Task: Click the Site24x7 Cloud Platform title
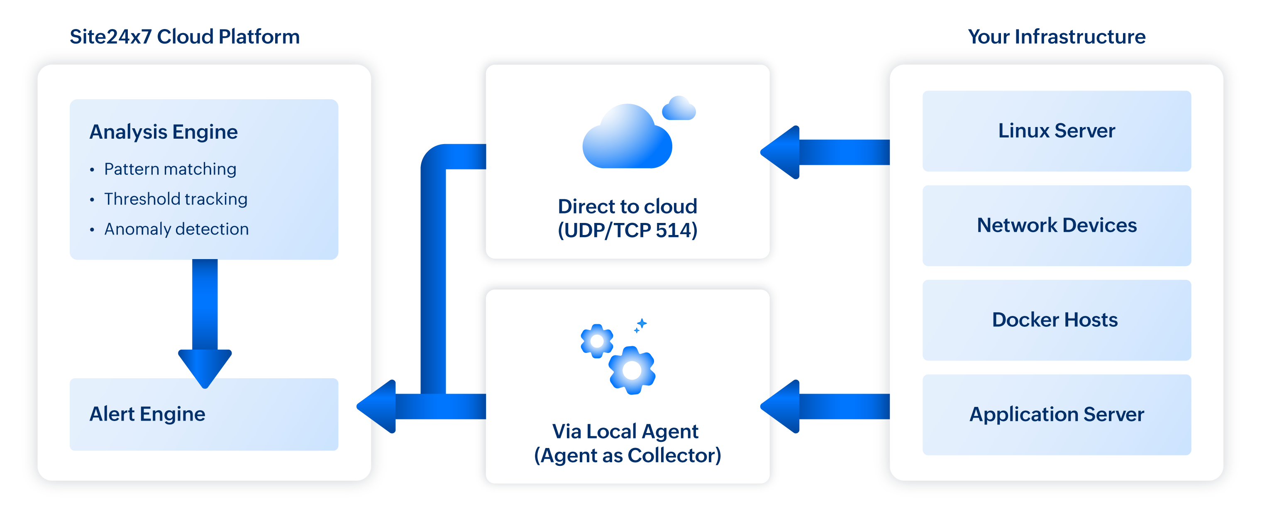click(184, 37)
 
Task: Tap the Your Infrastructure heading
click(1057, 37)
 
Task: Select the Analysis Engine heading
click(163, 132)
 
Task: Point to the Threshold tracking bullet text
click(176, 199)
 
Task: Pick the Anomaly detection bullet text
click(176, 229)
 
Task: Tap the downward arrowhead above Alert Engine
click(205, 367)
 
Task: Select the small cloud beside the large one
click(679, 109)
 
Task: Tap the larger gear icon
click(632, 370)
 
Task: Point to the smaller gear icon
click(597, 341)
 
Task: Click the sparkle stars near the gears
click(640, 325)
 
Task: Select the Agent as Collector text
click(627, 455)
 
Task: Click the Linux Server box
click(1057, 131)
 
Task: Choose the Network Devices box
click(1057, 225)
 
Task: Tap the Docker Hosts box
click(1057, 320)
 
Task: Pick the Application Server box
click(1057, 414)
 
